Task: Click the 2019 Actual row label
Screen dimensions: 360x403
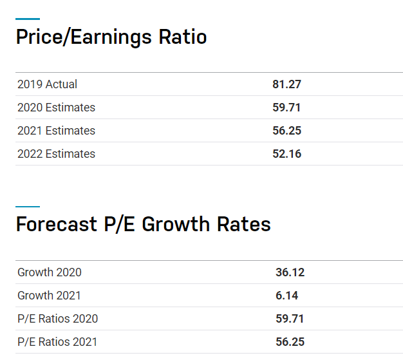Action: click(x=47, y=84)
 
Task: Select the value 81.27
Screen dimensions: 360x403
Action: click(x=286, y=84)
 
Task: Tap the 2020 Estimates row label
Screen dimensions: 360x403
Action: click(x=56, y=108)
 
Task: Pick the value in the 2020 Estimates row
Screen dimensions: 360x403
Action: click(x=286, y=108)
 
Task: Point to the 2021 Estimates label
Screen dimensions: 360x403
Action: click(x=56, y=131)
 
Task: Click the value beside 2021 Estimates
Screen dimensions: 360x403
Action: click(x=286, y=131)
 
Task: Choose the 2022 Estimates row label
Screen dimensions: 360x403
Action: click(x=56, y=154)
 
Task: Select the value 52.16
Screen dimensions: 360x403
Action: click(x=286, y=154)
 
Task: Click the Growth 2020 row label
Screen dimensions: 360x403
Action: click(x=50, y=272)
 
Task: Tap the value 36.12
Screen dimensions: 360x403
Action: click(x=290, y=272)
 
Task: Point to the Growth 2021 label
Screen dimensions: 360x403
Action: click(x=49, y=296)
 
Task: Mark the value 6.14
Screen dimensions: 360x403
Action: click(x=286, y=296)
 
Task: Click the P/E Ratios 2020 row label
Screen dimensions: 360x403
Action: click(x=58, y=319)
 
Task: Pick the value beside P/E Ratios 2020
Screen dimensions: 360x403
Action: click(x=290, y=319)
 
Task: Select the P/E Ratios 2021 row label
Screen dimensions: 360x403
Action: click(x=57, y=342)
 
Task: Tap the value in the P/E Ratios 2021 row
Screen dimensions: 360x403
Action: click(x=290, y=342)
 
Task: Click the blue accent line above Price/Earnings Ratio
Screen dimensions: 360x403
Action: click(x=28, y=19)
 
